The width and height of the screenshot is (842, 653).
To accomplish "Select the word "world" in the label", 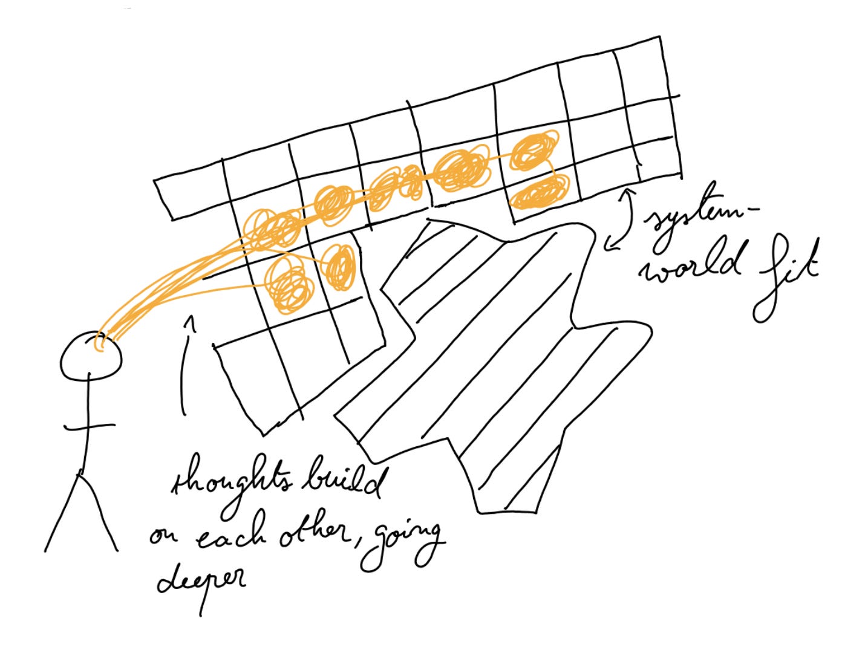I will point(692,267).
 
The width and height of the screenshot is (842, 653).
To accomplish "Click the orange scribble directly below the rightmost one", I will point(540,192).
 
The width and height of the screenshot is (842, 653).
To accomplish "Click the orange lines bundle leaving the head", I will point(163,284).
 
